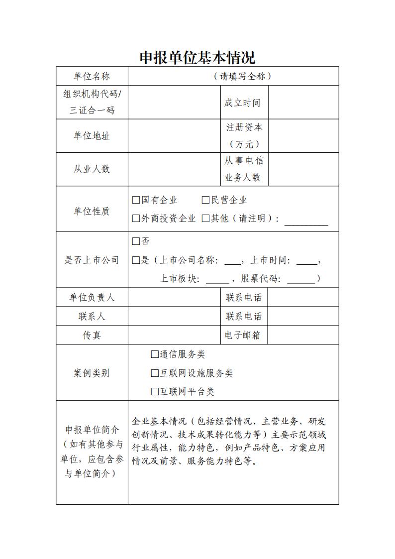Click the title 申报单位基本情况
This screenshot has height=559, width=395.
pos(197,58)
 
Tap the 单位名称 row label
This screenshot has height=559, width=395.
pos(92,76)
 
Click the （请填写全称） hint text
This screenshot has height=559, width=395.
pos(242,76)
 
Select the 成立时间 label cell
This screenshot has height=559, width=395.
pos(242,103)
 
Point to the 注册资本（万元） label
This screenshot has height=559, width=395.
pos(244,135)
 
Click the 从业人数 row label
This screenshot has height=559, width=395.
pos(92,169)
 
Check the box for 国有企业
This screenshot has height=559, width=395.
pos(136,200)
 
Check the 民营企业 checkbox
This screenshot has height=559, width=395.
pos(205,200)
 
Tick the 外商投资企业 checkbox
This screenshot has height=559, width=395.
pos(136,218)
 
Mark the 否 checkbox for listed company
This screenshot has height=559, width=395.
pos(136,241)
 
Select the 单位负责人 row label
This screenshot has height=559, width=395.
pos(92,297)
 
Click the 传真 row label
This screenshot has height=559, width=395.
pos(92,335)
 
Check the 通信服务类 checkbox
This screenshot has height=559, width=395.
pos(155,354)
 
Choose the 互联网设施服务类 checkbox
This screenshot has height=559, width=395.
pos(155,373)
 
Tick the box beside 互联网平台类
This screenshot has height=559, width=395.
pos(155,392)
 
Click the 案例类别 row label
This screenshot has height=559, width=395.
pos(92,373)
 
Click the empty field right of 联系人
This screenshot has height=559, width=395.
pos(174,316)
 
